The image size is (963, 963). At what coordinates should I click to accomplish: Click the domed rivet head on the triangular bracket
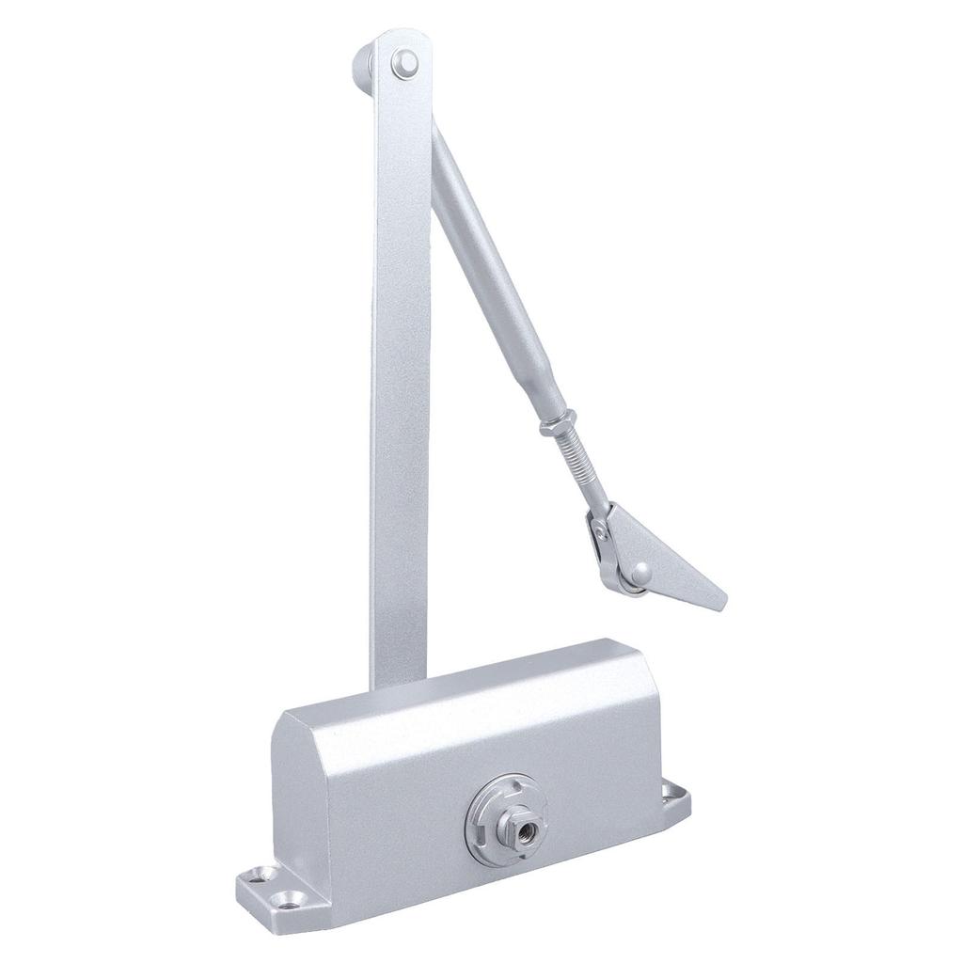tap(639, 569)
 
